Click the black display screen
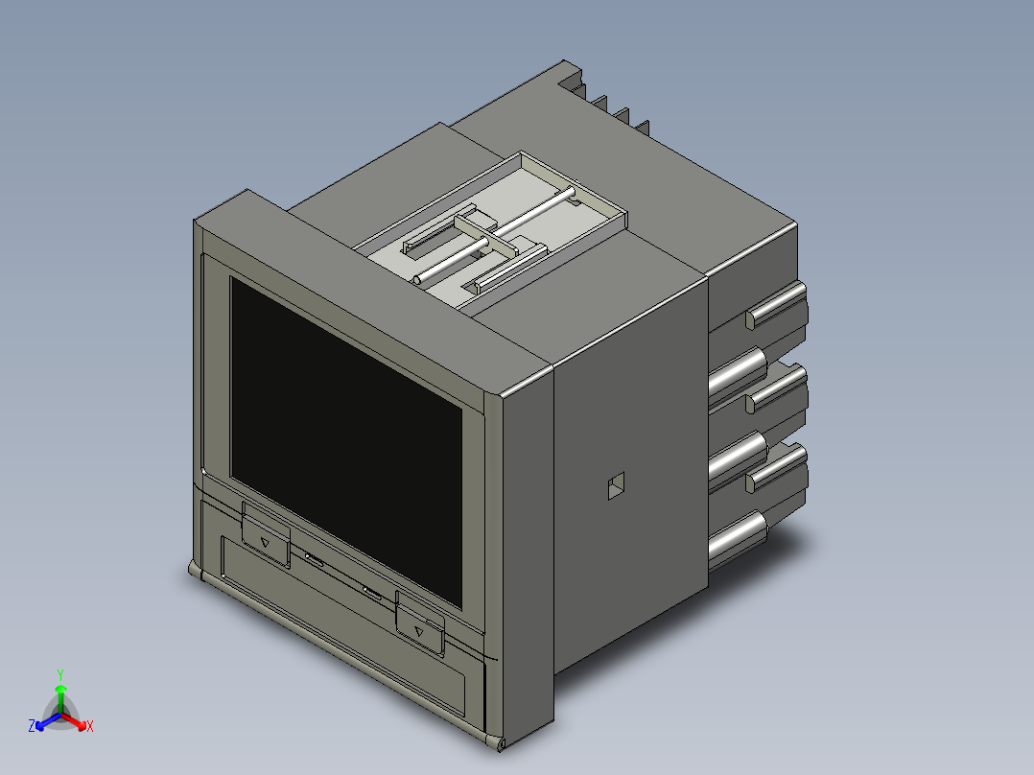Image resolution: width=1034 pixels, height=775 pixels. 345,441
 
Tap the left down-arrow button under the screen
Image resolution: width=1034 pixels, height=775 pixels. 266,537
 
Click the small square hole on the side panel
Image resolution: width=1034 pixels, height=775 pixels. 615,487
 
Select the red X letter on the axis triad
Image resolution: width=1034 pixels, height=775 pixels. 89,727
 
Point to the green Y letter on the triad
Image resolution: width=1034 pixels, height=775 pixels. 59,674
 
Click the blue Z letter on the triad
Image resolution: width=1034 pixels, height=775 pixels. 32,727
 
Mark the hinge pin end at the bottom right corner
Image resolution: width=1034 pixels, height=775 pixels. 500,744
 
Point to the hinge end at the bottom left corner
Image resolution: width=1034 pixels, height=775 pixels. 195,573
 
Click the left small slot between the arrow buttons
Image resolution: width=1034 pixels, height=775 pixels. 314,557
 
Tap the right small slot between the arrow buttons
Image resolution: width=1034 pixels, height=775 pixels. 372,593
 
